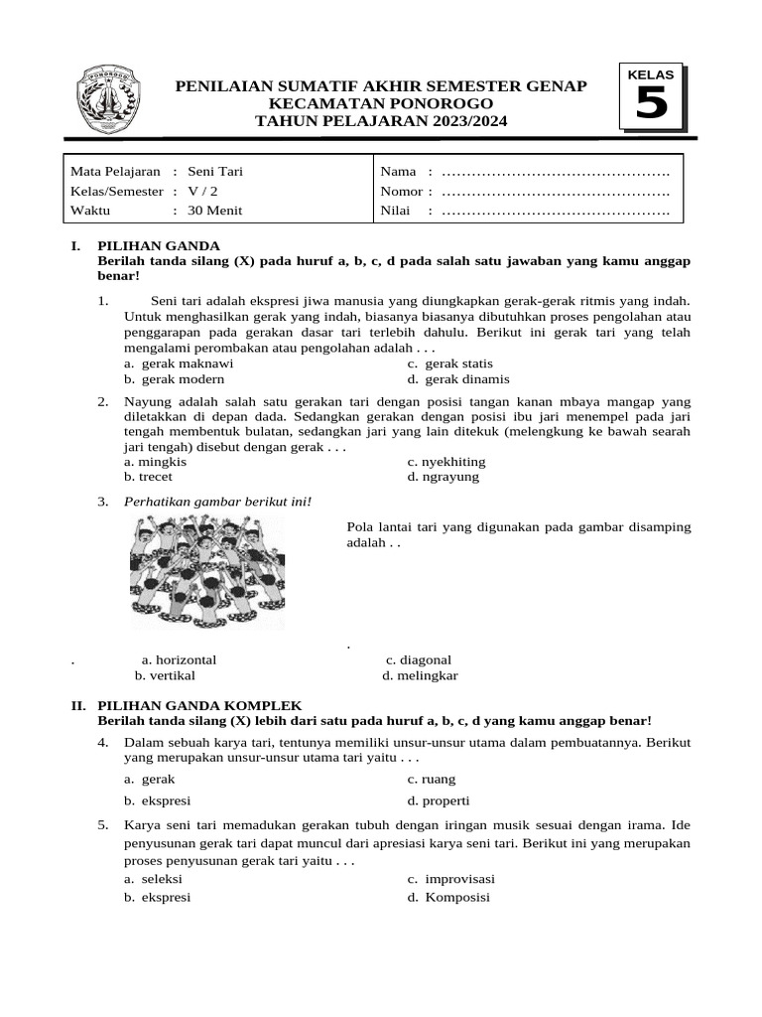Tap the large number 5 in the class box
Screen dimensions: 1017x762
[x=651, y=104]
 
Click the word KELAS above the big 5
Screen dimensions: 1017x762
[x=651, y=74]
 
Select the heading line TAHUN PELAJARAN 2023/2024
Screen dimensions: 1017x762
[x=381, y=121]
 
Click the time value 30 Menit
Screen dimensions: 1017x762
[x=215, y=211]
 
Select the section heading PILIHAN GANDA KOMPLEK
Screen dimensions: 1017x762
[x=198, y=704]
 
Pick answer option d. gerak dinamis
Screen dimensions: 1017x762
[x=458, y=378]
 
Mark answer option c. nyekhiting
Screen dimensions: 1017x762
[x=446, y=462]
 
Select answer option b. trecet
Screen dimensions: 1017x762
[x=149, y=477]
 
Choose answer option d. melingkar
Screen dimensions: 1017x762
[x=421, y=675]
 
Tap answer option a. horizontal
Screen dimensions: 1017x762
[x=180, y=659]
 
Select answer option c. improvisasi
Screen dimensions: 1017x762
[x=451, y=879]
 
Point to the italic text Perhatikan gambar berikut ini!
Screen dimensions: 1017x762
[x=218, y=502]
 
